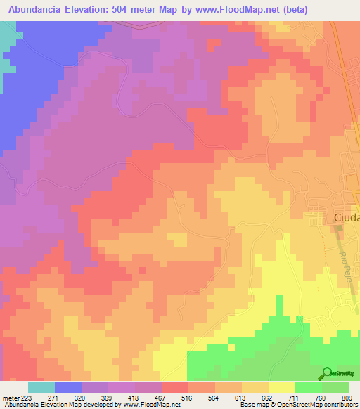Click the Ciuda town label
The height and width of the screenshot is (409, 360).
tap(346, 218)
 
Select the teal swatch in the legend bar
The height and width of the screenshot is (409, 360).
tap(41, 388)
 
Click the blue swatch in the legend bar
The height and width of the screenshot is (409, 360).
tap(68, 388)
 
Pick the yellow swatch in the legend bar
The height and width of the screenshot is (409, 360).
tap(282, 388)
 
